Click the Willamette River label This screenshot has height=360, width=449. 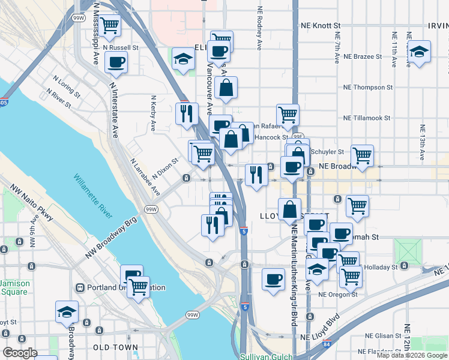click(x=94, y=196)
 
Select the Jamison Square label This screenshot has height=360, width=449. click(x=13, y=287)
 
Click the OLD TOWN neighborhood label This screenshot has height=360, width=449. click(x=115, y=347)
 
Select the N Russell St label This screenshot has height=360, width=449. click(x=121, y=46)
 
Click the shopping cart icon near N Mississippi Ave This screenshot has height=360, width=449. click(x=110, y=25)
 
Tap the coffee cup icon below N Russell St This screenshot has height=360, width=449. click(x=116, y=61)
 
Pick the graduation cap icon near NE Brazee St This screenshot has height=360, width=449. click(x=420, y=51)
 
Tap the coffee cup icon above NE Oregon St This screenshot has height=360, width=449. click(x=274, y=279)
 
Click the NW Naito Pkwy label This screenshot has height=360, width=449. click(x=32, y=205)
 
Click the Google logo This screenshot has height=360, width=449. click(x=20, y=353)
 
